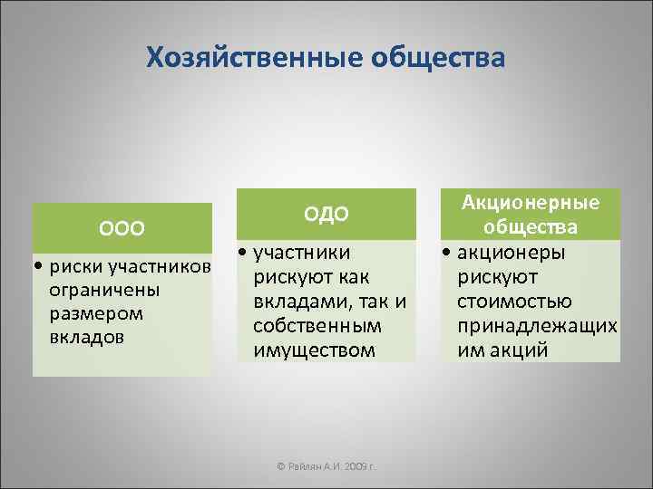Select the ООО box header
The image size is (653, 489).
pyautogui.click(x=122, y=226)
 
